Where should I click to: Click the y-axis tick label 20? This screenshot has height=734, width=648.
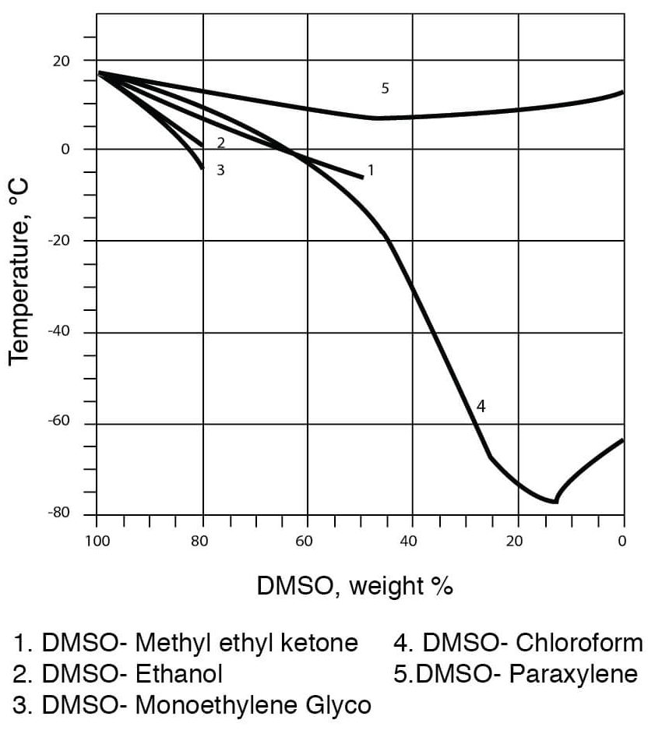(x=60, y=60)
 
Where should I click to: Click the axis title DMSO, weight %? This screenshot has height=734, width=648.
(x=355, y=586)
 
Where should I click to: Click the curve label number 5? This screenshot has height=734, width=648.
(x=385, y=88)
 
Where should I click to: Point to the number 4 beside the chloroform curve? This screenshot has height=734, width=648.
(x=481, y=406)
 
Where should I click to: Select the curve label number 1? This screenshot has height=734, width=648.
(x=371, y=169)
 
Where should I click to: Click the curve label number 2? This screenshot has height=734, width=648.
(x=221, y=143)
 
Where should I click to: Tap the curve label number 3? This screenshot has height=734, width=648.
(x=220, y=169)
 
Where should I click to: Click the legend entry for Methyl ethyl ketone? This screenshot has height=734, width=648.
(x=186, y=644)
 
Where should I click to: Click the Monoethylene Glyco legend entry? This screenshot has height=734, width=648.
(x=192, y=704)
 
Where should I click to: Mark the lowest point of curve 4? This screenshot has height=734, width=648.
(x=555, y=502)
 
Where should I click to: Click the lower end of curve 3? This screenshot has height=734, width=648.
(x=202, y=168)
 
